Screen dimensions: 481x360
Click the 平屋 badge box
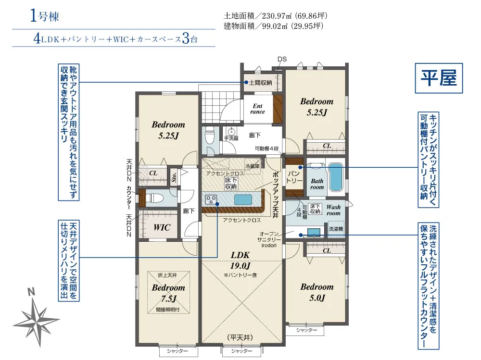click(x=439, y=78)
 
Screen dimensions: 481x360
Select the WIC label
click(x=162, y=227)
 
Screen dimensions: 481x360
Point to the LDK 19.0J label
click(x=240, y=261)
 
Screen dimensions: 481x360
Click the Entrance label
click(x=258, y=109)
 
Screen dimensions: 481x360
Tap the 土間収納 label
click(x=260, y=83)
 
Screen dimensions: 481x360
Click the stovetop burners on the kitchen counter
click(x=211, y=199)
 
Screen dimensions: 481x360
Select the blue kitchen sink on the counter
click(x=243, y=200)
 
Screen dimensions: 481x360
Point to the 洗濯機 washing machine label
click(x=336, y=229)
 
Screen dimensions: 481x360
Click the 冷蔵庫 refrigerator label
click(x=253, y=166)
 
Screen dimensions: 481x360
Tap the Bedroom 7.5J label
click(x=168, y=293)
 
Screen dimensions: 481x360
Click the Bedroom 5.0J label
click(x=317, y=292)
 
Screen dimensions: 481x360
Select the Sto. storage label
click(x=174, y=177)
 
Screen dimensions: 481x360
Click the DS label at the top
click(x=282, y=59)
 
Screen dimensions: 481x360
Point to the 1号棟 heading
click(x=44, y=16)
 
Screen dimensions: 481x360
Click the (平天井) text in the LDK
click(x=240, y=337)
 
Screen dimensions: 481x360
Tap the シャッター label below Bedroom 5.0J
click(x=306, y=330)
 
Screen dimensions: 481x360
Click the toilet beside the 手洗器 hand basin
click(x=210, y=136)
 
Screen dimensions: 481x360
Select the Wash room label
click(x=333, y=210)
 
